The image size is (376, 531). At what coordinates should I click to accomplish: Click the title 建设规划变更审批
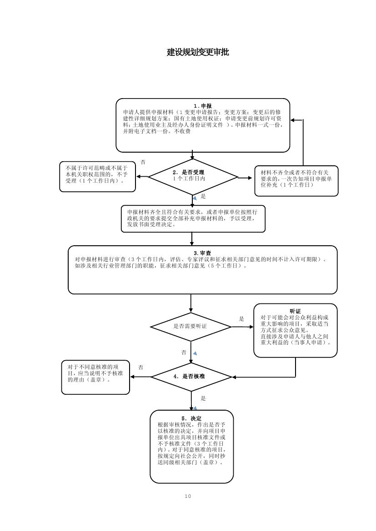198,52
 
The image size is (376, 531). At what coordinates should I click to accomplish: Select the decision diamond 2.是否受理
193,176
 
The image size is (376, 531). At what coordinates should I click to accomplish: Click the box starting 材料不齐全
296,180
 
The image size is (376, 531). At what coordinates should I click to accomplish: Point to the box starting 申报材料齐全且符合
193,218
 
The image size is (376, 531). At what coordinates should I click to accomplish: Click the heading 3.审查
202,253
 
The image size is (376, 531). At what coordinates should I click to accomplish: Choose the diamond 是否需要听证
191,327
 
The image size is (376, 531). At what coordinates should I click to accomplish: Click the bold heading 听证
296,311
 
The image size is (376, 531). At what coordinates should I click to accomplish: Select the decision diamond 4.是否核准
191,377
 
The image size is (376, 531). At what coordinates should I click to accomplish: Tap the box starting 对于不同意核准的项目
95,377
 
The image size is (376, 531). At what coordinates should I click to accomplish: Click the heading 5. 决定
191,418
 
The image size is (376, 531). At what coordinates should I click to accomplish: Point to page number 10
188,496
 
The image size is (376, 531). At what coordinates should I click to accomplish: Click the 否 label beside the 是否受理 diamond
143,162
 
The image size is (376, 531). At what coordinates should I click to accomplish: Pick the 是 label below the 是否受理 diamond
203,197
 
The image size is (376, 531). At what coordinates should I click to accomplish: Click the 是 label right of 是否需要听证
241,319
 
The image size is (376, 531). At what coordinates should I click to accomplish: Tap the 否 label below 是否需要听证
184,352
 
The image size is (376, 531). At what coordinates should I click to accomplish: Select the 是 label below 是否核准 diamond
203,398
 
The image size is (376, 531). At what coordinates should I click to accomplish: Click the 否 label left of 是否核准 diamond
141,367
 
